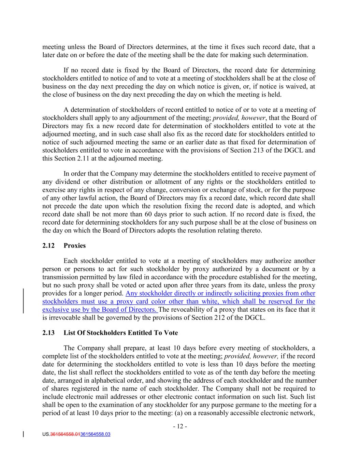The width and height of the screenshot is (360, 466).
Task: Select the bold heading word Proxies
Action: [74, 246]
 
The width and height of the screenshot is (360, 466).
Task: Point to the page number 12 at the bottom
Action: [180, 426]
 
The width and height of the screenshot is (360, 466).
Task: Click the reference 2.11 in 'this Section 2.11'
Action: [86, 159]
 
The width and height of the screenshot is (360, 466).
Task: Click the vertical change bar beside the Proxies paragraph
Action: [23, 301]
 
